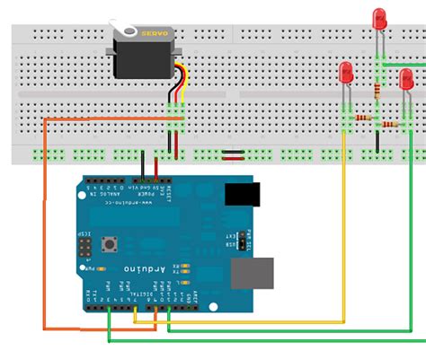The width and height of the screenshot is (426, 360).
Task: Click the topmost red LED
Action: pos(379,19)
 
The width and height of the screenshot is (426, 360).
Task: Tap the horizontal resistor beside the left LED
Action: pos(363,118)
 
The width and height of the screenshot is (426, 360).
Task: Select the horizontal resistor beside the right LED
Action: pos(393,123)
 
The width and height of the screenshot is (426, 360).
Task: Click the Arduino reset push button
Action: pos(113,243)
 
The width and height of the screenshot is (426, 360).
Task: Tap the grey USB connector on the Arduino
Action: pos(251,274)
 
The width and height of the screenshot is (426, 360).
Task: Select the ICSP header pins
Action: pos(84,247)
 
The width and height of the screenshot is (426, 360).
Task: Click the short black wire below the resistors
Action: pos(378,139)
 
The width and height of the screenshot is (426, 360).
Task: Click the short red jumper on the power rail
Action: pos(233,154)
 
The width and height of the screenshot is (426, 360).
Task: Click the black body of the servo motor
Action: pos(144,57)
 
